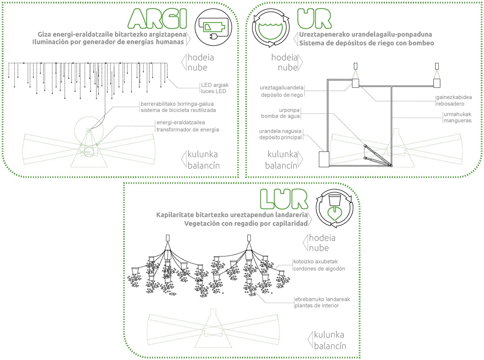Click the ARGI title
pyautogui.click(x=157, y=19)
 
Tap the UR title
pyautogui.click(x=314, y=19)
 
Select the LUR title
pyautogui.click(x=284, y=199)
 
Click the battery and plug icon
pyautogui.click(x=213, y=27)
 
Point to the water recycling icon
pyautogui.click(x=271, y=28)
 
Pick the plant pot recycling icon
pyautogui.click(x=335, y=208)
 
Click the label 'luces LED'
pyautogui.click(x=213, y=91)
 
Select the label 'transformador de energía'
pyautogui.click(x=188, y=130)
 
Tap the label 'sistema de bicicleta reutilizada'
pyautogui.click(x=178, y=110)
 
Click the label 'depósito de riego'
pyautogui.click(x=282, y=95)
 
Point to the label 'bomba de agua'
pyautogui.click(x=280, y=116)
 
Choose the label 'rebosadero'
pyautogui.click(x=450, y=104)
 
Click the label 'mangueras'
pyautogui.click(x=457, y=121)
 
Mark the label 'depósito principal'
pyautogui.click(x=280, y=138)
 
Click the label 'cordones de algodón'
pyautogui.click(x=319, y=269)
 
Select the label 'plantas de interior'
pyautogui.click(x=317, y=305)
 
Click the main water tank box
pyautogui.click(x=324, y=159)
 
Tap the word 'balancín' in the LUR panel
pyautogui.click(x=330, y=346)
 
